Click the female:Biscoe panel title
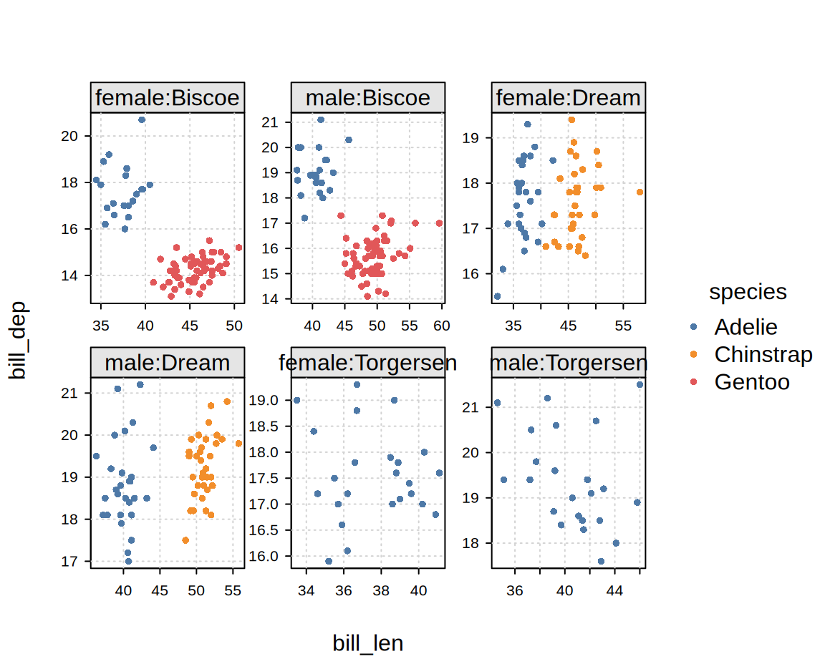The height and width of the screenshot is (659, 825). tap(168, 97)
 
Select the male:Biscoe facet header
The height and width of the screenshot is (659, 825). tap(368, 97)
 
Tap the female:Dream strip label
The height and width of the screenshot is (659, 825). tap(569, 97)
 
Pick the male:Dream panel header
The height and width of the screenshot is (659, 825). tap(168, 363)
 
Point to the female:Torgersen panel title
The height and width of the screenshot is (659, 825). tap(368, 363)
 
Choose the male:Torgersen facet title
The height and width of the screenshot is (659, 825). tap(569, 363)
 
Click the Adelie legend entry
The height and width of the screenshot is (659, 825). tap(746, 327)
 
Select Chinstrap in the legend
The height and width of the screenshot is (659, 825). tap(763, 354)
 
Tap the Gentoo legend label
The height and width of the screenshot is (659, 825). tap(751, 381)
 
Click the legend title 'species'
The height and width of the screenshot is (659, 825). tap(748, 292)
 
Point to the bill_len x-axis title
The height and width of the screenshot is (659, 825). tap(367, 643)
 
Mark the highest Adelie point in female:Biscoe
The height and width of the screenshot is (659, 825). tap(142, 119)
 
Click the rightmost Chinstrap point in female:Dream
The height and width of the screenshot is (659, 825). tap(640, 192)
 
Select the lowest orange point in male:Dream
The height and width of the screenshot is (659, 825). tap(185, 540)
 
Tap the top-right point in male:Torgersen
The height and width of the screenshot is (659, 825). tap(640, 384)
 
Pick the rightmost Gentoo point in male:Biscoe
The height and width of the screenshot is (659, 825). tap(439, 223)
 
